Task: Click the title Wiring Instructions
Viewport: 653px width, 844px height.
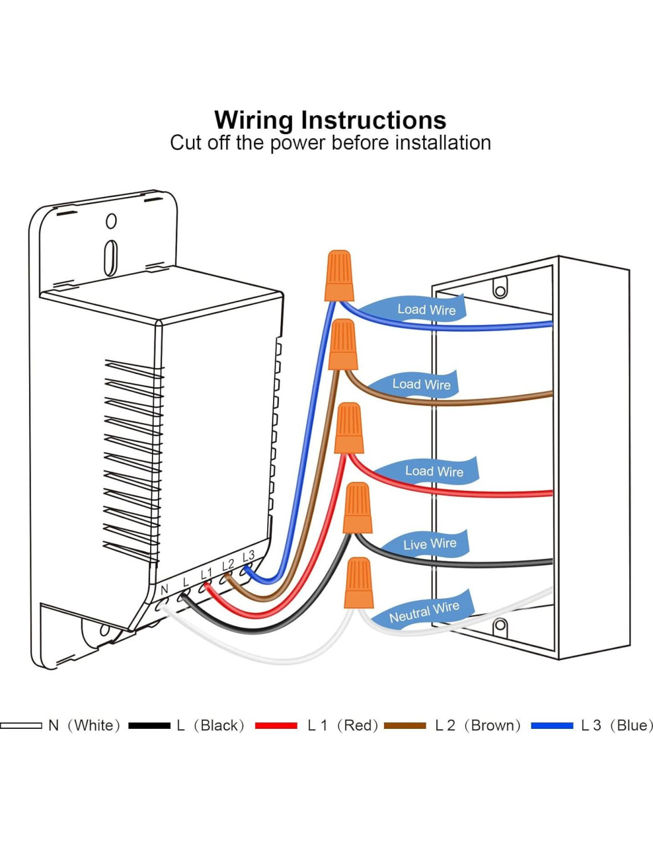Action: coord(330,120)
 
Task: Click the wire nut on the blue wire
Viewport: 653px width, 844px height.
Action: coord(340,275)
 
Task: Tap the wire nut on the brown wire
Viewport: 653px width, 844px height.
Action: coord(343,344)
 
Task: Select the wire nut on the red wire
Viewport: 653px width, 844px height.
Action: coord(349,428)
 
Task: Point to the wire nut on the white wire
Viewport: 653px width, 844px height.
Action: coord(359,583)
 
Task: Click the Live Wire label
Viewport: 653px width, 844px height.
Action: coord(430,544)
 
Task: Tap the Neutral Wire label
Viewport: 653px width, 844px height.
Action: coord(424,612)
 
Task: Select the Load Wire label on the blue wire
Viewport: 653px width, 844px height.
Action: coord(426,309)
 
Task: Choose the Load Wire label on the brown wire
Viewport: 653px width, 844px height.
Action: coord(421,384)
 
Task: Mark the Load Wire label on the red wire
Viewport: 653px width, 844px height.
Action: coord(434,471)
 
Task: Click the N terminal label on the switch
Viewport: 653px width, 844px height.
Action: coord(164,590)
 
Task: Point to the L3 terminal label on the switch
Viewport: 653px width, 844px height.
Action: coord(248,556)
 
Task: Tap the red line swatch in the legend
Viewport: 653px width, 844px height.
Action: coord(276,725)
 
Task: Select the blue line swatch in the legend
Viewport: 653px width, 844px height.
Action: coord(552,725)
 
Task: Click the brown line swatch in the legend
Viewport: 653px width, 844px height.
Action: coord(405,725)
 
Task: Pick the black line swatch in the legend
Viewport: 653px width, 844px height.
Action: coord(149,725)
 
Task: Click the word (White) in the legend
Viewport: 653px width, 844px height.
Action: coord(94,725)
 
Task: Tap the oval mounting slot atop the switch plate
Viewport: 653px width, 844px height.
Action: coord(110,258)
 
